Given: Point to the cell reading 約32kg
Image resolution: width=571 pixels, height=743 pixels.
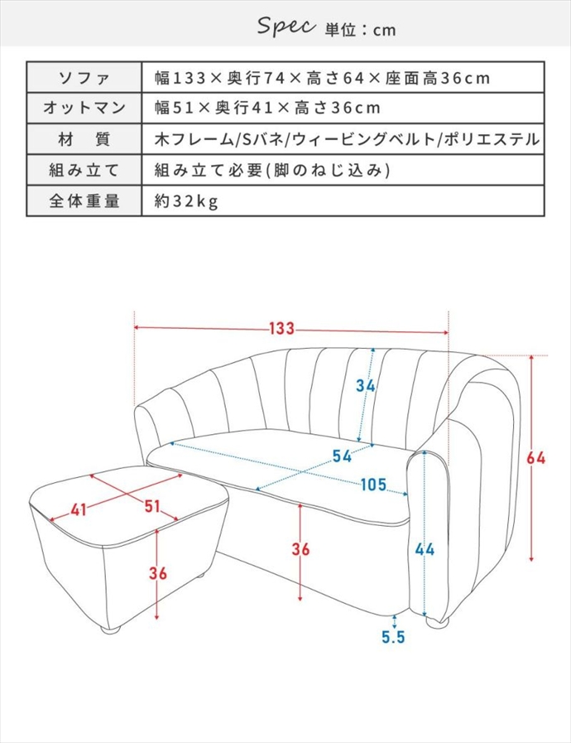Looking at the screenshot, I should [187, 200].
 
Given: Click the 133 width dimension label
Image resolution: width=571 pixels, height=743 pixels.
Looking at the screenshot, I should [281, 329].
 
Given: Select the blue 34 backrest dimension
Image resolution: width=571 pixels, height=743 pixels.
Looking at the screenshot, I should [366, 385].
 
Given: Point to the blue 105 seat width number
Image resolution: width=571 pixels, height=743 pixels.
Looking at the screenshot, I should [373, 485].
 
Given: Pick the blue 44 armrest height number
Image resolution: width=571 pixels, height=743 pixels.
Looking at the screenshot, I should [425, 549].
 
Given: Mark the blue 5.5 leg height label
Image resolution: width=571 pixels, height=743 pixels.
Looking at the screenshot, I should [393, 638].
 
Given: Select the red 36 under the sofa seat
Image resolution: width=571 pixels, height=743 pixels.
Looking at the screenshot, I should [301, 549].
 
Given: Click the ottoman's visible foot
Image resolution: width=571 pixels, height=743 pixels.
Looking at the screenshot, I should [113, 630].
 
